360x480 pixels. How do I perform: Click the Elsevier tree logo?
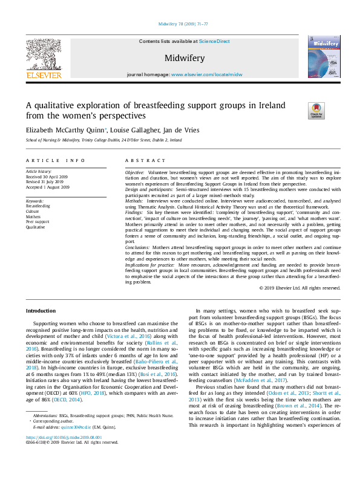point(43,58)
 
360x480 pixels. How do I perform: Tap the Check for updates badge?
point(316,111)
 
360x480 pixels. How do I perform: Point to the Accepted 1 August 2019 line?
point(48,187)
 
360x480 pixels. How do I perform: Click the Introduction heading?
point(41,311)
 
